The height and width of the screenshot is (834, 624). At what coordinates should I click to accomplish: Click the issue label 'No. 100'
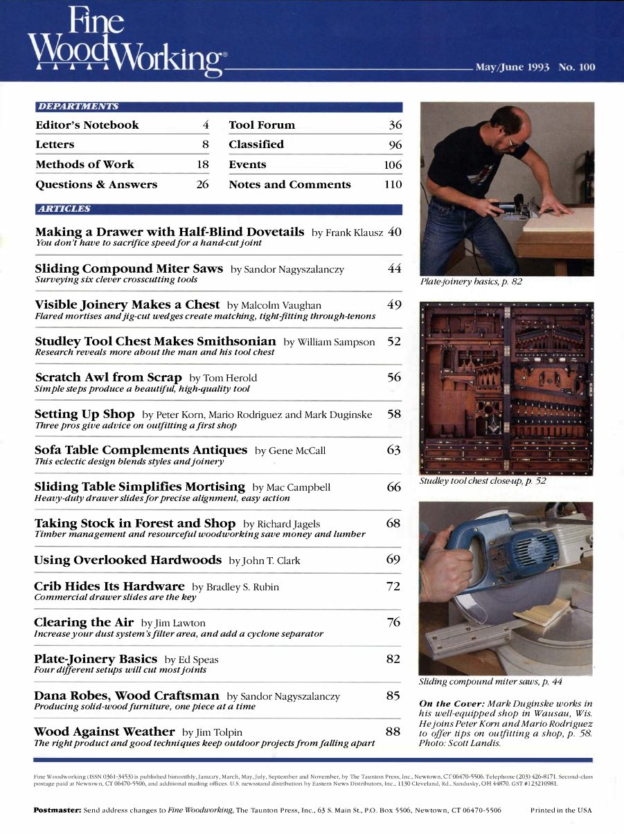pyautogui.click(x=576, y=67)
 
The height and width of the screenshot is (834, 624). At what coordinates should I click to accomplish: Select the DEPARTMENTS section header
pyautogui.click(x=78, y=107)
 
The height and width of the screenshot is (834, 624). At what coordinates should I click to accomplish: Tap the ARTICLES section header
pyautogui.click(x=64, y=208)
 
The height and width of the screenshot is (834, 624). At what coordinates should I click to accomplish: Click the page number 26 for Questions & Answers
pyautogui.click(x=202, y=185)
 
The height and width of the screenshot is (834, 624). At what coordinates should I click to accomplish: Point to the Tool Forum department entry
pyautogui.click(x=262, y=125)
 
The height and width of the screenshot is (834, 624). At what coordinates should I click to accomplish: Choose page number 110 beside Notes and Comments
pyautogui.click(x=393, y=185)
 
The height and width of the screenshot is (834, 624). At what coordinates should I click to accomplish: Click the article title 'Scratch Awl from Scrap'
pyautogui.click(x=108, y=377)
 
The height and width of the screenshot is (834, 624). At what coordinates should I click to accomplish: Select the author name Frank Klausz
pyautogui.click(x=355, y=233)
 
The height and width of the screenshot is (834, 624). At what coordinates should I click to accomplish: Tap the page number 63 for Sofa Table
pyautogui.click(x=393, y=450)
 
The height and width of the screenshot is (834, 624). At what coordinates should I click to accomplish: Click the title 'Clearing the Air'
pyautogui.click(x=84, y=622)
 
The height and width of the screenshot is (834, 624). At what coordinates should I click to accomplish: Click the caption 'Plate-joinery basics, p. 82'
pyautogui.click(x=471, y=282)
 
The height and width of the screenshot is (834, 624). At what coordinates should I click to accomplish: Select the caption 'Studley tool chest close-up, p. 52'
pyautogui.click(x=483, y=480)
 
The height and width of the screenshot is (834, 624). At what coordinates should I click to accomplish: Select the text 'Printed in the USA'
pyautogui.click(x=561, y=809)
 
